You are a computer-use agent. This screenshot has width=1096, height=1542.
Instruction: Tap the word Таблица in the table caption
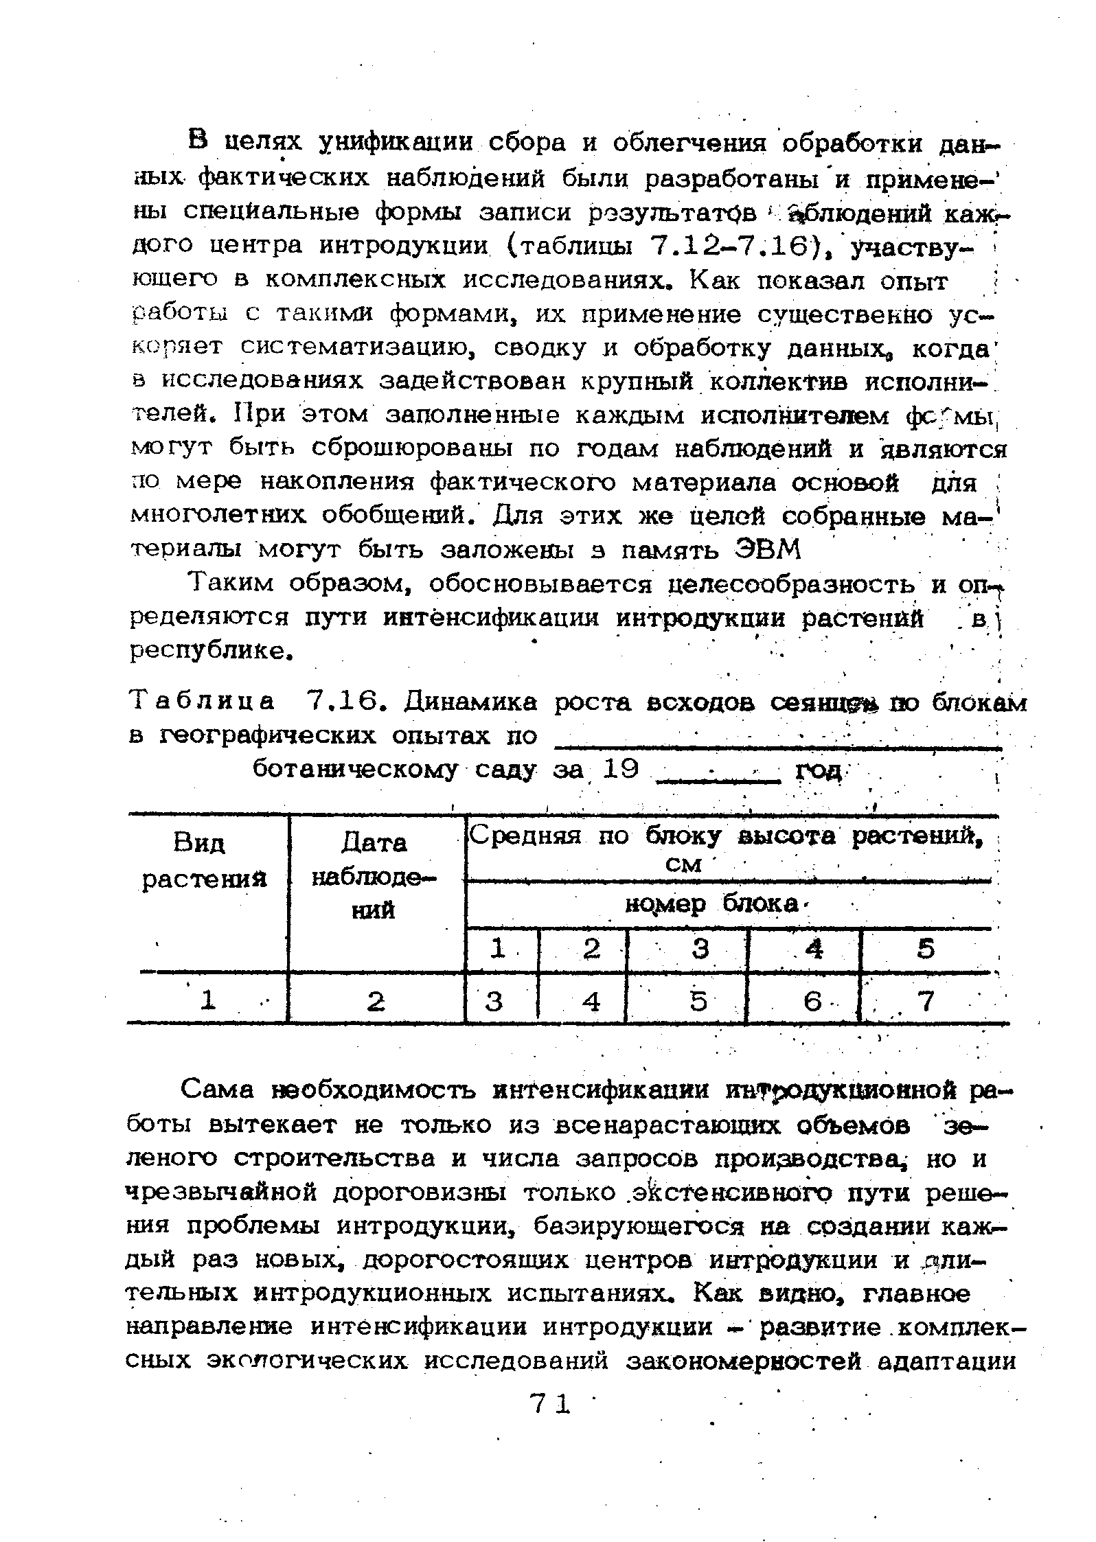203,701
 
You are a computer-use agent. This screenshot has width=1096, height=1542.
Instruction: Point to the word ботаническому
354,770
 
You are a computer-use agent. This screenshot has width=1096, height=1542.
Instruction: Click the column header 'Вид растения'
204,862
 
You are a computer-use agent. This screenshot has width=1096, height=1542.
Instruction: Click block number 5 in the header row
926,950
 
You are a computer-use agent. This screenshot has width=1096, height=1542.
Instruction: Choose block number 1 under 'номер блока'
499,950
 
